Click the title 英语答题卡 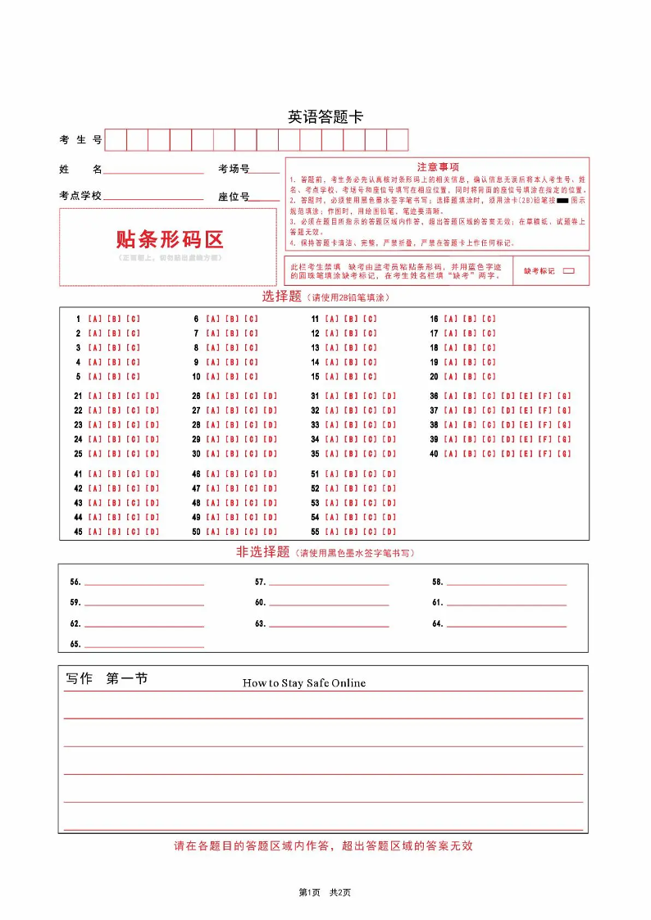tap(325, 117)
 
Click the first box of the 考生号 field tap(116, 140)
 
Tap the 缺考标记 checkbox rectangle tap(569, 270)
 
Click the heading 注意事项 tap(438, 166)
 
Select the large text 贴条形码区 tap(169, 239)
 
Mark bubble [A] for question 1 tap(94, 319)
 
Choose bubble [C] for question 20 tap(489, 377)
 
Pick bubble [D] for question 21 tap(153, 397)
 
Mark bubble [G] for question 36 tap(564, 397)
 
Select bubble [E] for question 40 tap(526, 454)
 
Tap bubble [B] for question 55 tap(351, 532)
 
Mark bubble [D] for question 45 tap(153, 532)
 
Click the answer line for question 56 tap(144, 583)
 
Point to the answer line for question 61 tap(506, 604)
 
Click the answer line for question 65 tap(144, 646)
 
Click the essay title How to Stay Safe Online tap(304, 683)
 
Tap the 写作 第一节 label tap(107, 679)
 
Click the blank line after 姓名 tap(153, 171)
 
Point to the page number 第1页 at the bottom tap(309, 892)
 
